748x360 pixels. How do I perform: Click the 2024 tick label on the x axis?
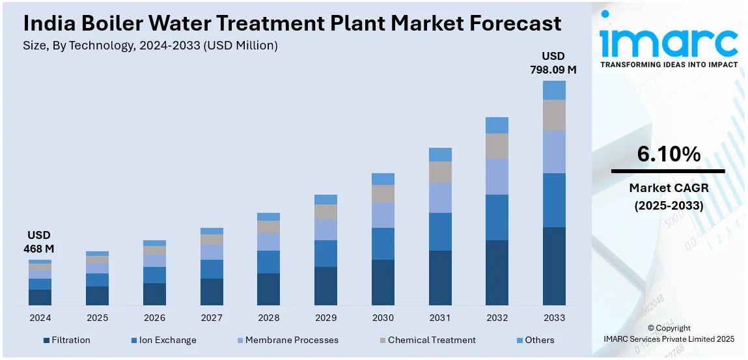40,318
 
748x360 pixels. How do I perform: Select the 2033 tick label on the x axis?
554,318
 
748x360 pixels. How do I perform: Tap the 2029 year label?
326,318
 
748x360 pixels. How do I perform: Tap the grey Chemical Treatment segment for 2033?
554,115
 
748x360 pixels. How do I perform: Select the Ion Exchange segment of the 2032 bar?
497,217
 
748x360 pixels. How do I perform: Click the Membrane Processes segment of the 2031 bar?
440,197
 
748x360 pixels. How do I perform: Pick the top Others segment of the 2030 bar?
383,179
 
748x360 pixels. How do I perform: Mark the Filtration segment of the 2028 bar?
268,289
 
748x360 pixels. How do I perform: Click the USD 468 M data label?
39,242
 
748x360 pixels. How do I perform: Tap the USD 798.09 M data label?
553,62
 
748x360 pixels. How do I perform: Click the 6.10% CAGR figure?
669,154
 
